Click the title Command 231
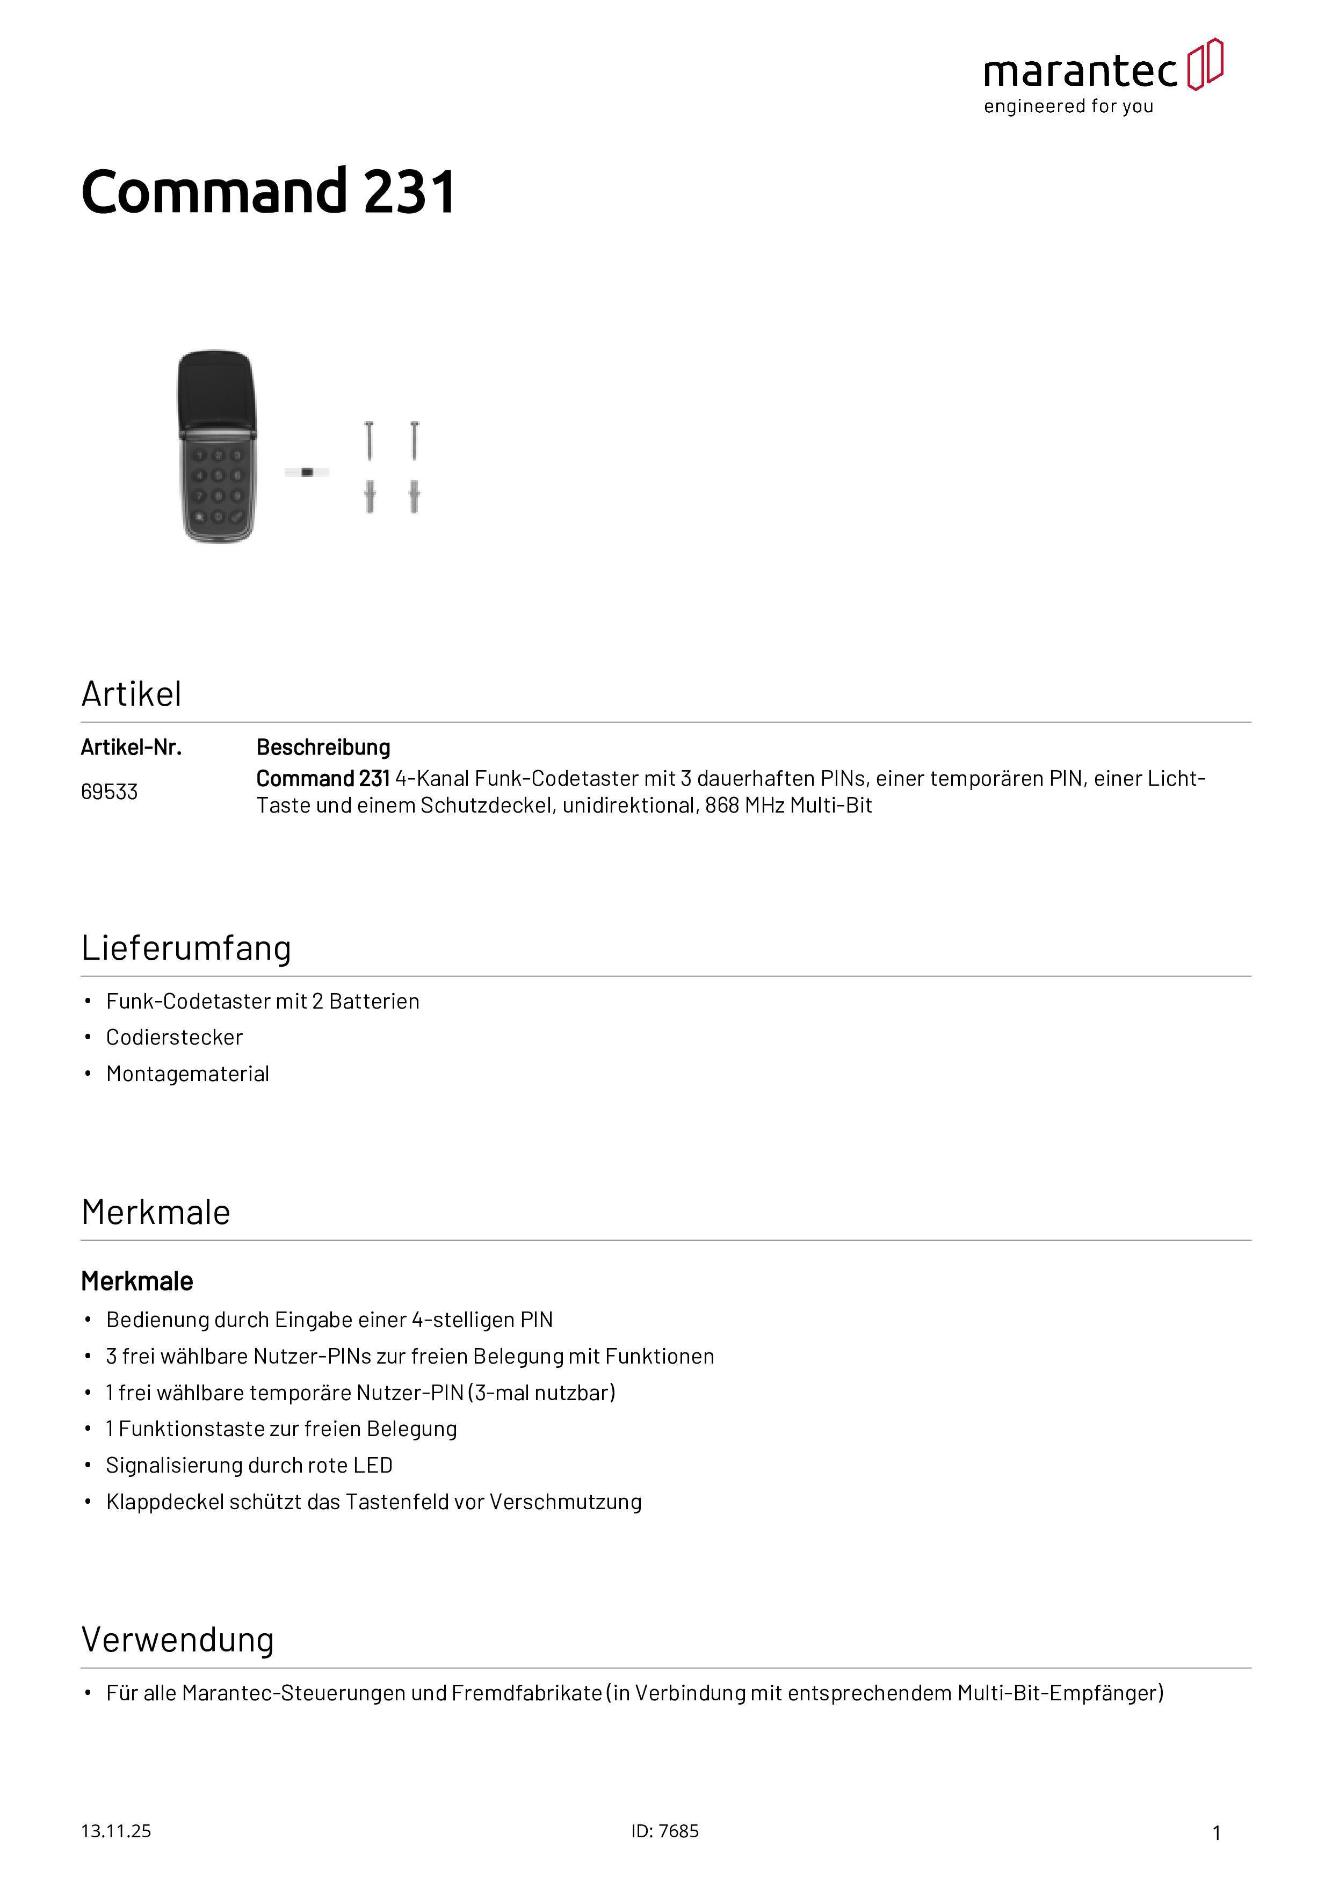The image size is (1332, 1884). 269,192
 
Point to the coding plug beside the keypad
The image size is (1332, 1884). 307,472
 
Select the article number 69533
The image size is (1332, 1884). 109,792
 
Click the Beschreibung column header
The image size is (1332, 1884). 323,748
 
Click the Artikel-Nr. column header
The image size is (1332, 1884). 131,748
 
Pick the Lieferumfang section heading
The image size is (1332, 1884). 186,948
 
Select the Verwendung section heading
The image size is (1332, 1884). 177,1640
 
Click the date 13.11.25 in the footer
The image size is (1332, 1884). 115,1831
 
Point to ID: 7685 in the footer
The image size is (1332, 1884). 665,1831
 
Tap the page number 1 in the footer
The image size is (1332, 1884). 1217,1832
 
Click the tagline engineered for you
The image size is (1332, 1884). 1069,107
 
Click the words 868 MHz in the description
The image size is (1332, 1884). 743,806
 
